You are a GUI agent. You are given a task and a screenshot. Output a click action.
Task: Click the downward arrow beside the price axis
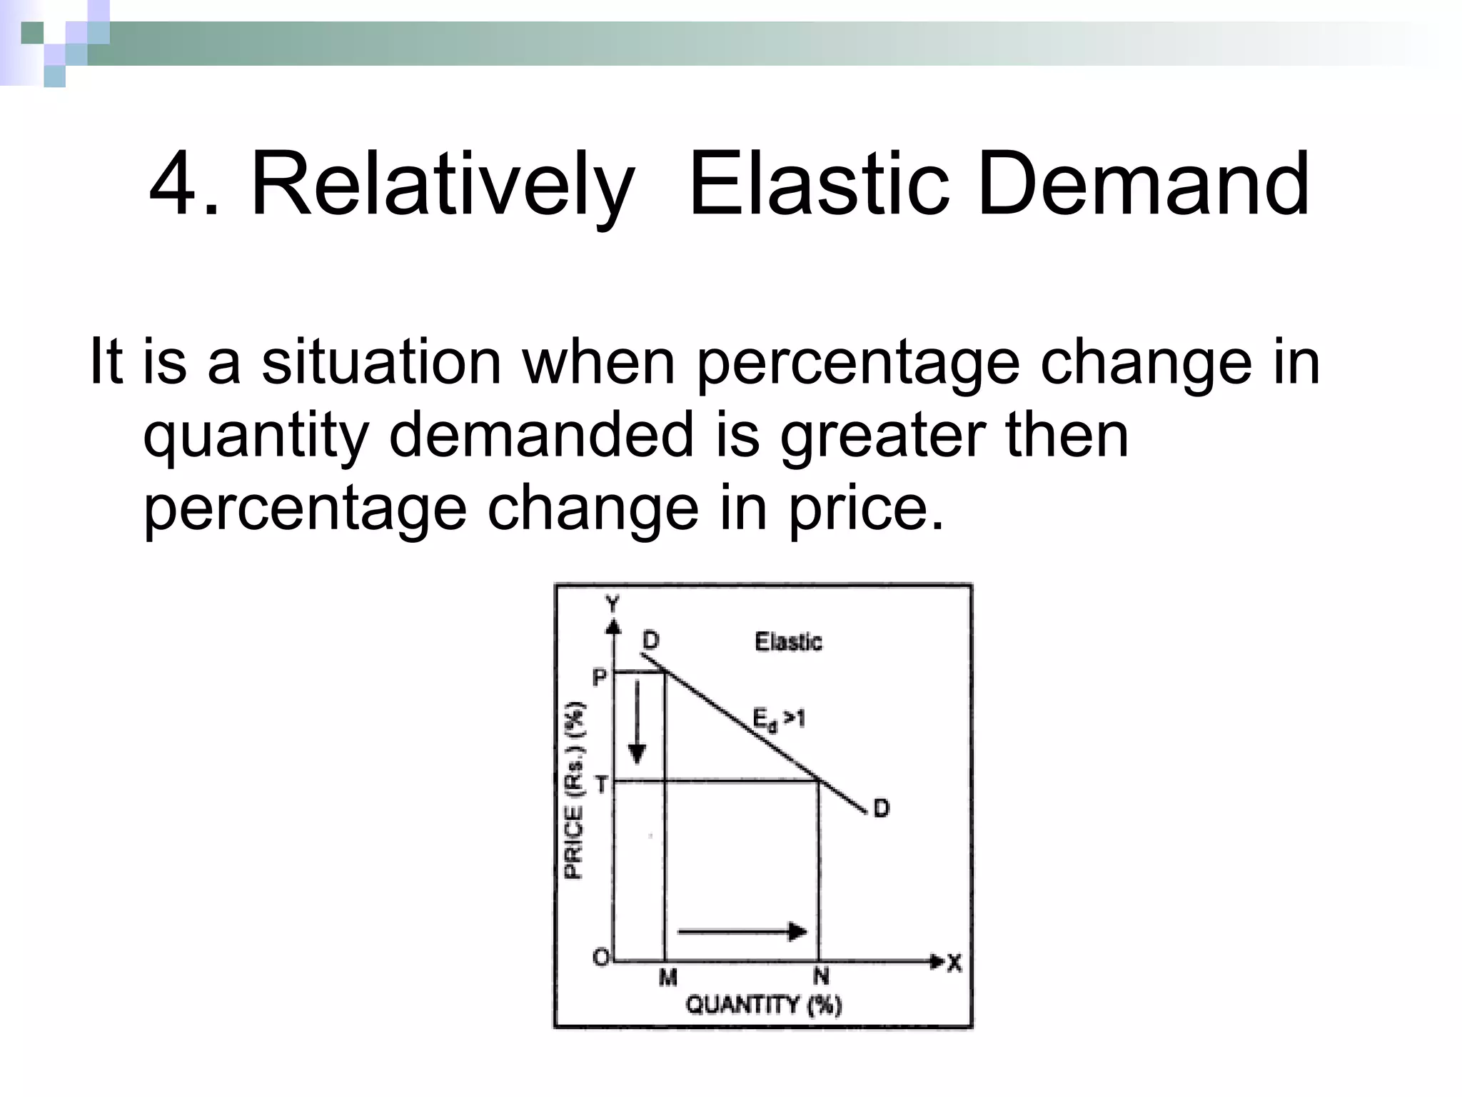(637, 721)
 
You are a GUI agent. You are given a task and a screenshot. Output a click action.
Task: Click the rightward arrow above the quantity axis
(742, 931)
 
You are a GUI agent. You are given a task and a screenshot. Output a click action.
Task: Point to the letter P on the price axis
(600, 676)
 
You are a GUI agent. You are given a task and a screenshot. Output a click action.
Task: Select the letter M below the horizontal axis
(667, 976)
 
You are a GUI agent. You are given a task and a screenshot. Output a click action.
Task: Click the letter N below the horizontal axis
(821, 976)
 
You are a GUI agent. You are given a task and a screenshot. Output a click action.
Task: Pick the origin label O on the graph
(601, 957)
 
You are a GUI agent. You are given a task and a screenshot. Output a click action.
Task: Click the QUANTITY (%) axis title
(763, 1005)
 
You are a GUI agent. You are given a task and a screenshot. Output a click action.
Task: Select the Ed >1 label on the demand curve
(779, 718)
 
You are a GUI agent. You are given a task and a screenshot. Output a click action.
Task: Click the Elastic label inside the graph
(788, 641)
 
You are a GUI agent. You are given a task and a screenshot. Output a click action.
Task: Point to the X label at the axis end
(954, 963)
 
